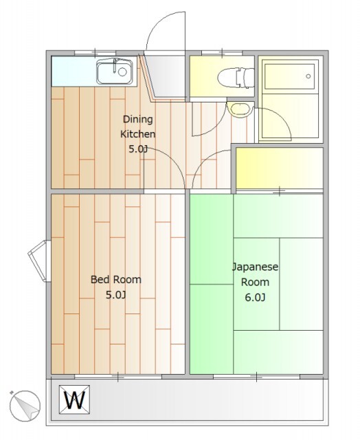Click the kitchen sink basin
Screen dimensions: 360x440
tap(115, 71)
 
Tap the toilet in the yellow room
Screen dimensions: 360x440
tap(236, 78)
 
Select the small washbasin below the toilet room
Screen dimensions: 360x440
tap(240, 109)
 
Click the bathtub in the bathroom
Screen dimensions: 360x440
tap(289, 76)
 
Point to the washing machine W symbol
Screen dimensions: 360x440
tap(75, 399)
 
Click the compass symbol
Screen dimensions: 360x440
tap(25, 406)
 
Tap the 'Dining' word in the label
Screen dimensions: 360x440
tap(138, 120)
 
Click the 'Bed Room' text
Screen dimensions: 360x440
tap(116, 280)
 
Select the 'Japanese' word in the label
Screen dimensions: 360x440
tap(255, 267)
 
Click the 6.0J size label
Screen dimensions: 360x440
tap(255, 297)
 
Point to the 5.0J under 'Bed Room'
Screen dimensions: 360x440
tap(115, 295)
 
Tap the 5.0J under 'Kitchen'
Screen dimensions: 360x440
tap(138, 149)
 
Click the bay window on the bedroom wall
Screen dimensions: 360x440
tap(40, 261)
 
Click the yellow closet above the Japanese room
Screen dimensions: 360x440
tap(279, 168)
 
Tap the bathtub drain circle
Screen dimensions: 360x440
tap(308, 76)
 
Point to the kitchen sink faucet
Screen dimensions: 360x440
tap(115, 66)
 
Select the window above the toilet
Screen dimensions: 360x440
tap(222, 53)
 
